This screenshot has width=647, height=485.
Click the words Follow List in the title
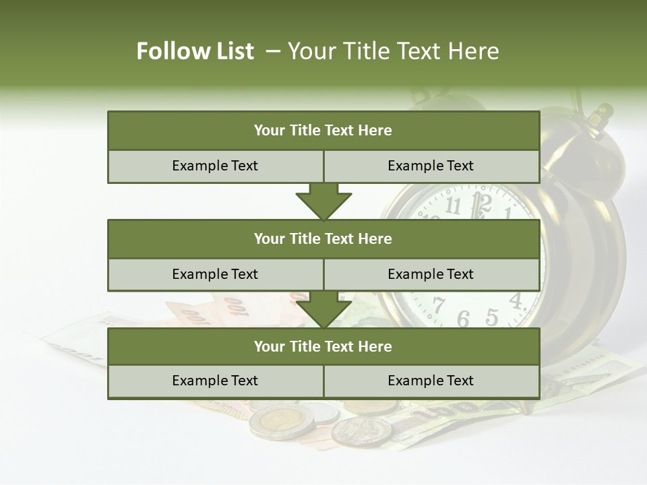point(195,51)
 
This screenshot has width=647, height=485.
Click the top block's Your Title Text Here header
point(323,131)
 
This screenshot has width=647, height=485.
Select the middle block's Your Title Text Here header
point(323,238)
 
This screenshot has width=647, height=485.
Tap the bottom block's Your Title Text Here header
point(323,346)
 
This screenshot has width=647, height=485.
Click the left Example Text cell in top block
point(215,166)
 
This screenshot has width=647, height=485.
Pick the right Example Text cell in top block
point(431,166)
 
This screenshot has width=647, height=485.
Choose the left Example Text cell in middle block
point(215,274)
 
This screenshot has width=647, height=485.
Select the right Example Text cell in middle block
point(431,274)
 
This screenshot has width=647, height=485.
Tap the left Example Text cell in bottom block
point(215,381)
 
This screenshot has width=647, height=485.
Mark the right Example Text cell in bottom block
point(431,381)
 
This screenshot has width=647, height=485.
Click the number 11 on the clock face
point(454,205)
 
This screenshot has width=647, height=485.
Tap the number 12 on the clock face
point(481,201)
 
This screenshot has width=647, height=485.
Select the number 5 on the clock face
point(492,317)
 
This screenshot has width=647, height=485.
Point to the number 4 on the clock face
point(516,300)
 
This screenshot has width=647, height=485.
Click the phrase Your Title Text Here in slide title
point(394,51)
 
